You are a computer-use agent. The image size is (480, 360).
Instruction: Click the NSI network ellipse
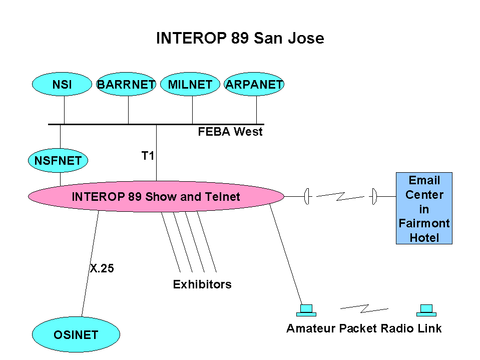click(62, 84)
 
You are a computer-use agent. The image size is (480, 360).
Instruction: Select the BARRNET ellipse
click(126, 84)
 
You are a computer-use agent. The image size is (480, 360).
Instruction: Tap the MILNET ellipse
click(190, 84)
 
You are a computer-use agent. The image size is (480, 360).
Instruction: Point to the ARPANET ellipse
click(254, 84)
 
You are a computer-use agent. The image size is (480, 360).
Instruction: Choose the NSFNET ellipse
click(58, 160)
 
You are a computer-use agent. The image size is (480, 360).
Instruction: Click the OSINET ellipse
click(76, 334)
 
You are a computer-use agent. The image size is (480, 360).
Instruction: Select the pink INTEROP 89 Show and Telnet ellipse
click(156, 196)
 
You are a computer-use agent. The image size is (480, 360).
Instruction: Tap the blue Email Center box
click(424, 208)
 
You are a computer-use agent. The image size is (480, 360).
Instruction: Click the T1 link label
click(148, 156)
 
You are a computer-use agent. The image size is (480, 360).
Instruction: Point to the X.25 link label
click(102, 268)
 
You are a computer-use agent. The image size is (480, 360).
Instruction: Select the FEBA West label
click(230, 132)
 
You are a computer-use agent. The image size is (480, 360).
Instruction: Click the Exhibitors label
click(202, 284)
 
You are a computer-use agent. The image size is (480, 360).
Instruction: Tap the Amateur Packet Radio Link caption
click(364, 328)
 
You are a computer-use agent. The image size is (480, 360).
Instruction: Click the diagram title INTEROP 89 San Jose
click(240, 38)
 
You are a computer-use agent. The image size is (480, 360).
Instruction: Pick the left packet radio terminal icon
click(306, 310)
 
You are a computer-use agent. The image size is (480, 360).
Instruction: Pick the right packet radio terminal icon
click(426, 310)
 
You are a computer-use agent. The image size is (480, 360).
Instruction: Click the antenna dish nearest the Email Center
click(374, 196)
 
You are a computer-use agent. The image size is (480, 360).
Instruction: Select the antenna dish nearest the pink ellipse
click(307, 196)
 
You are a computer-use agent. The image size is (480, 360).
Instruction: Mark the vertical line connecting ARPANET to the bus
click(257, 110)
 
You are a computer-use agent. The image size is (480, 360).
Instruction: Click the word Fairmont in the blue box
click(424, 223)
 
